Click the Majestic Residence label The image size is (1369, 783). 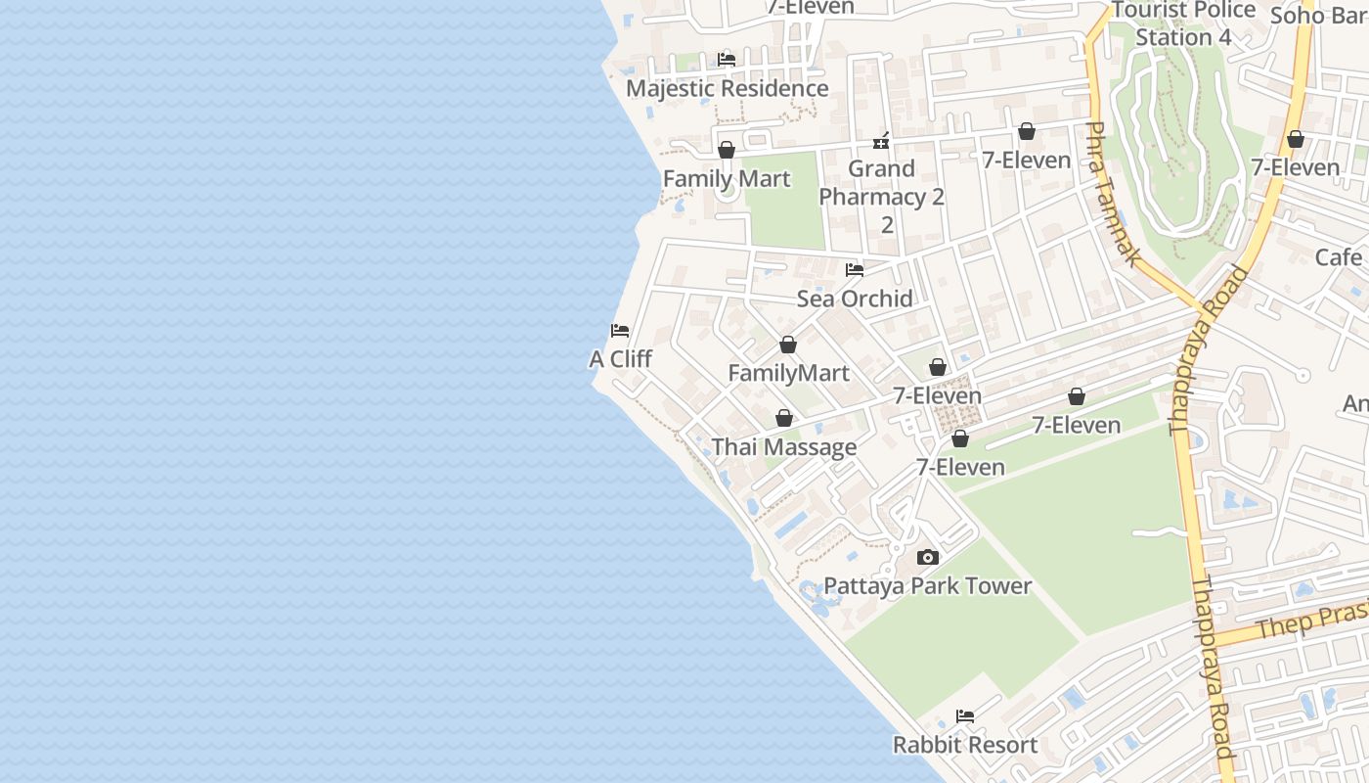[x=727, y=88]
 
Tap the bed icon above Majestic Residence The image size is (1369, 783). [x=727, y=60]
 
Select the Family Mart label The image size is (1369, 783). [x=727, y=179]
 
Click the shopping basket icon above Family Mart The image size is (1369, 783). [x=727, y=150]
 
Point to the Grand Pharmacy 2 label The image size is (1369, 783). [x=881, y=183]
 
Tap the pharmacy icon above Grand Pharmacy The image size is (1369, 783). [x=881, y=142]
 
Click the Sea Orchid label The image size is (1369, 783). [x=855, y=299]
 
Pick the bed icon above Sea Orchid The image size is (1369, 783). [x=855, y=270]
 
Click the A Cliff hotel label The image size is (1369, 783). [x=620, y=359]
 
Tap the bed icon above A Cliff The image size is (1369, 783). [x=620, y=331]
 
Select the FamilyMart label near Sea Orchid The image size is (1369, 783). [x=788, y=373]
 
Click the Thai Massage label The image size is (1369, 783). [x=784, y=447]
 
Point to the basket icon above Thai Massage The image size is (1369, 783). [x=784, y=419]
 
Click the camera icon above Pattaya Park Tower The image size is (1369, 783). [x=928, y=557]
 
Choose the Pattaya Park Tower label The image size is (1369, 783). [x=928, y=585]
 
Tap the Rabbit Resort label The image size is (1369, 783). [x=965, y=744]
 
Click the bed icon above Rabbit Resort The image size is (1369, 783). [x=965, y=715]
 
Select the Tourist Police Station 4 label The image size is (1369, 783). [x=1183, y=23]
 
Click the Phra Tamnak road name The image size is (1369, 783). [x=1113, y=194]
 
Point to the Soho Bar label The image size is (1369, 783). [x=1318, y=16]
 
